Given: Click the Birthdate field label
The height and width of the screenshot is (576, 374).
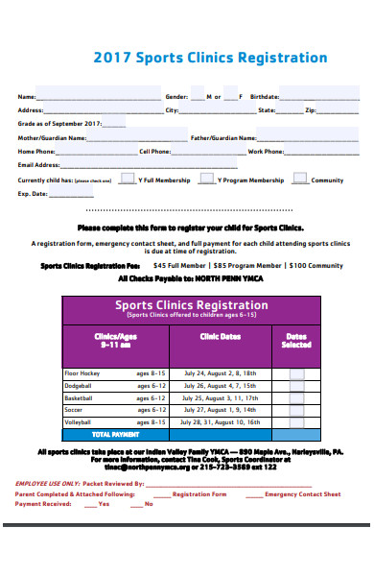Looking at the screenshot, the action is [x=264, y=97].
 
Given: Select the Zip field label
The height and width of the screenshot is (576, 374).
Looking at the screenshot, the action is [x=310, y=110].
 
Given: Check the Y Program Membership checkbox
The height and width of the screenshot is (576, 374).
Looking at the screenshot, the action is [x=206, y=179].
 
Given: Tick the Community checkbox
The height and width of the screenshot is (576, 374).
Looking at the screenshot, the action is [x=300, y=179].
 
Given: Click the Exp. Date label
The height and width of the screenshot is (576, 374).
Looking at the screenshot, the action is [x=32, y=194].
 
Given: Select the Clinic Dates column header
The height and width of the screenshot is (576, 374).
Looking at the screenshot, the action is [x=220, y=336].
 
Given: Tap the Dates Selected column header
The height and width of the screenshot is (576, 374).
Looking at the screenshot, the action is [x=296, y=340].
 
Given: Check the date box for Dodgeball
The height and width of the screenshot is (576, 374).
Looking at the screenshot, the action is [x=296, y=385].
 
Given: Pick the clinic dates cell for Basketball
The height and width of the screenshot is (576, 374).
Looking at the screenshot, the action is [x=220, y=396].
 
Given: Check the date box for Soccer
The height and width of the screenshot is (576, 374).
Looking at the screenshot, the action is [x=296, y=409].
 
